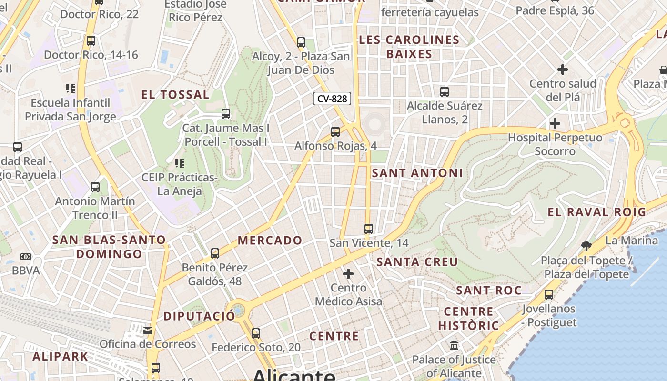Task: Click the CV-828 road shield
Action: (x=332, y=99)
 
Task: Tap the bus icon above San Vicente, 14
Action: (x=368, y=229)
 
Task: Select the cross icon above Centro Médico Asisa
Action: (x=348, y=274)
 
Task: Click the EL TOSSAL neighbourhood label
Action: (x=175, y=94)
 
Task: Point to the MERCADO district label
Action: (x=270, y=240)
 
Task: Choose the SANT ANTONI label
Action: (x=417, y=173)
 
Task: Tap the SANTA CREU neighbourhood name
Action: (x=417, y=261)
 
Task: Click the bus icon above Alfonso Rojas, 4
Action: (x=335, y=132)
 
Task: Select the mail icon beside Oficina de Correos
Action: (x=148, y=330)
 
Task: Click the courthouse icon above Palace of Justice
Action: (x=454, y=345)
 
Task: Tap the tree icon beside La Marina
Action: (x=586, y=246)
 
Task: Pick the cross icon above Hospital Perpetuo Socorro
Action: (x=555, y=123)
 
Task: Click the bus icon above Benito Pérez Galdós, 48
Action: (x=215, y=253)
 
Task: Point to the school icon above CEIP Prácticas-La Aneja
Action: (x=180, y=164)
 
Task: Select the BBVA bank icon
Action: (x=26, y=257)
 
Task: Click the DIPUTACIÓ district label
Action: (x=199, y=316)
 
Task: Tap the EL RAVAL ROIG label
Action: (x=596, y=212)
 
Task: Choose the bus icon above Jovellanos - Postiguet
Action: (x=549, y=295)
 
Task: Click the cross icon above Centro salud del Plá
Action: (x=563, y=70)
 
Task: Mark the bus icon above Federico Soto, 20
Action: (x=256, y=333)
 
